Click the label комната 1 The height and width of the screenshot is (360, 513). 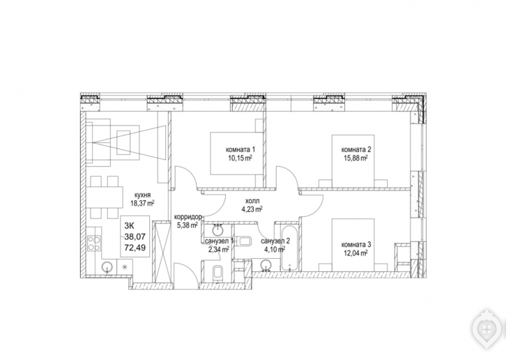pos(240,150)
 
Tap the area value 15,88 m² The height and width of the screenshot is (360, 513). pos(356,158)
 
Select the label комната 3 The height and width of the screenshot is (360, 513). pos(356,244)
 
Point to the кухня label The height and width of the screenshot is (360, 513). pos(142,195)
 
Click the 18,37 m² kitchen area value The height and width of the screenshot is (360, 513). pos(142,203)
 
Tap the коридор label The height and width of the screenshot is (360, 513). pos(187,217)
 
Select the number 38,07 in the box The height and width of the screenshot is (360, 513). pos(135,236)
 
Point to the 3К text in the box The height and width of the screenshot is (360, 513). pos(129,225)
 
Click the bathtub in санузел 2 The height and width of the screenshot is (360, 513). pos(289,247)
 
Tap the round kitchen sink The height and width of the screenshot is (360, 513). pos(107,267)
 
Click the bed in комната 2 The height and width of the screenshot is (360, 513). pos(353,161)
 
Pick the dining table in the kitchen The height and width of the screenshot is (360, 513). pos(105,197)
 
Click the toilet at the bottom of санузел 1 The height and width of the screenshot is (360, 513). pos(217,273)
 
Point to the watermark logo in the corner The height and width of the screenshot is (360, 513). pos(487,328)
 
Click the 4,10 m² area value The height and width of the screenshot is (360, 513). pos(273,249)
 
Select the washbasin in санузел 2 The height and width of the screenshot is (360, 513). pos(266,266)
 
